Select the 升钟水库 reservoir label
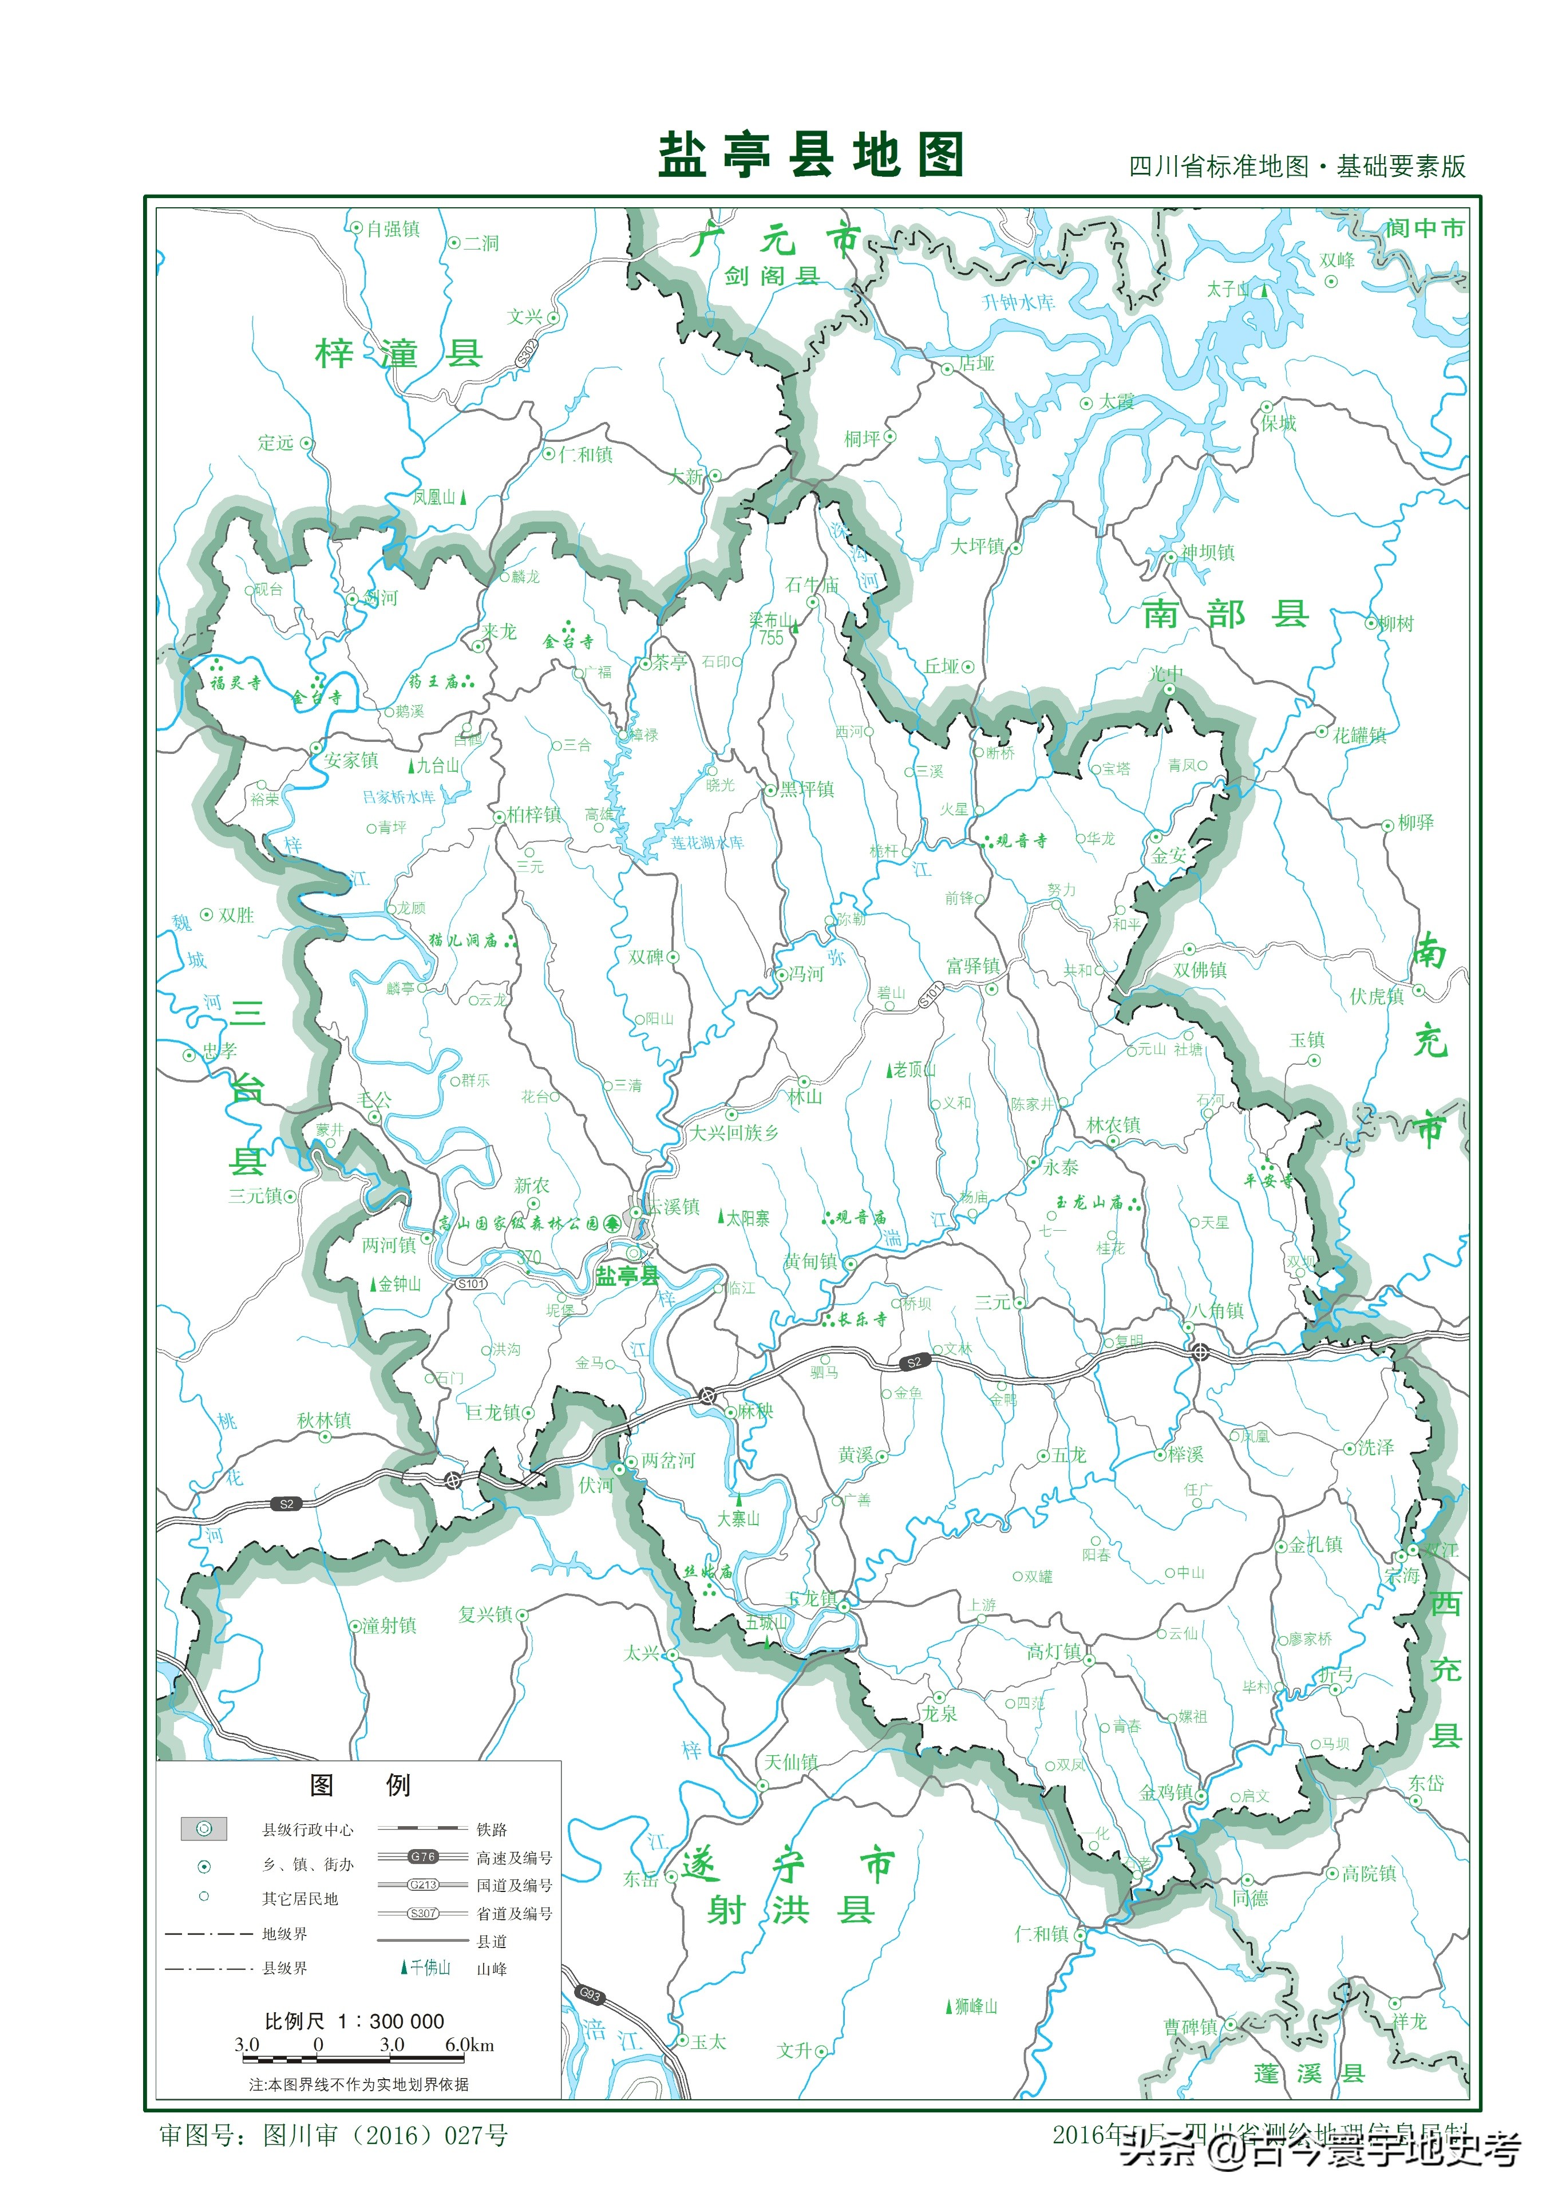(1018, 302)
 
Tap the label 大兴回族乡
(734, 1133)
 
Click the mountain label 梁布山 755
(771, 629)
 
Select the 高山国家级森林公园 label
(519, 1223)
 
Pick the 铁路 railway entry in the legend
(492, 1830)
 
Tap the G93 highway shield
(590, 1994)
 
